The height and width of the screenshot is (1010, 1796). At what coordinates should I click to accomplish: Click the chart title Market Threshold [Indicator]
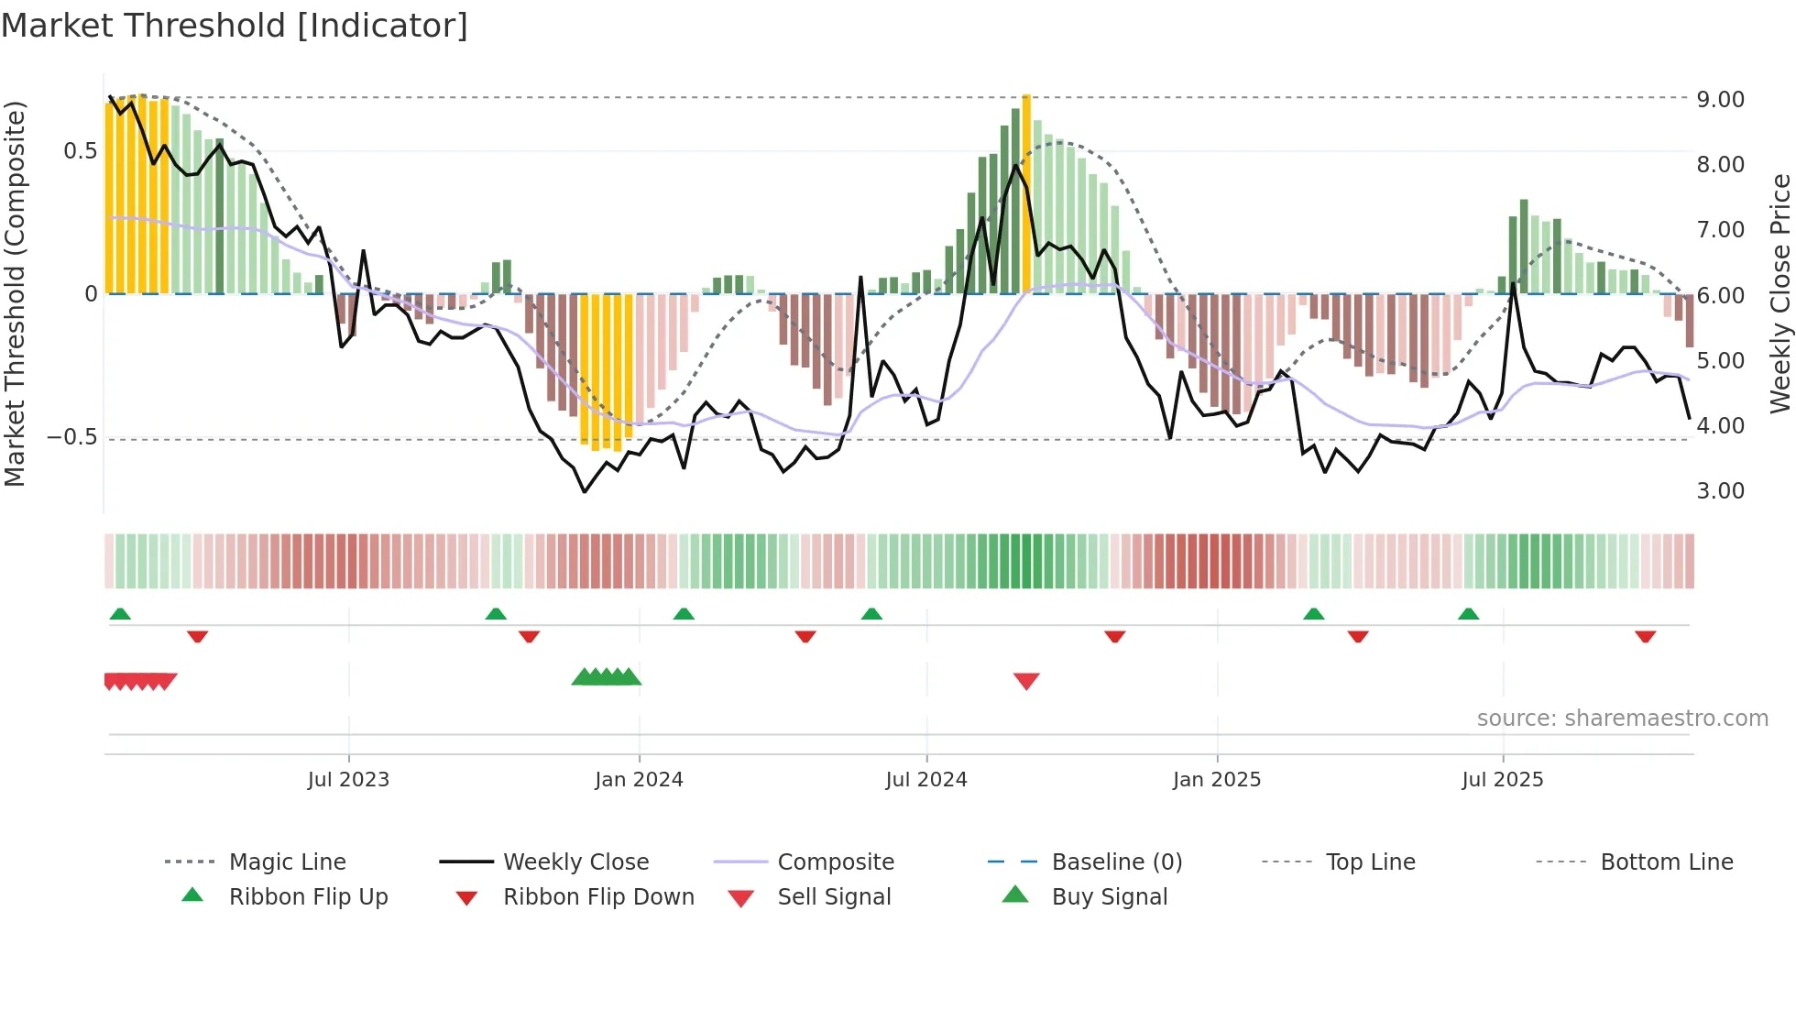click(x=235, y=26)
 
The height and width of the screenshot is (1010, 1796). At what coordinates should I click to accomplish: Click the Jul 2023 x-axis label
click(x=348, y=779)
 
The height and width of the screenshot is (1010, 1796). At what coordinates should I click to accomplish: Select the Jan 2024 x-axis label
click(x=639, y=779)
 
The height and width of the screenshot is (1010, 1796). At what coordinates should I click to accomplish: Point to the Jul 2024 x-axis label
click(x=925, y=779)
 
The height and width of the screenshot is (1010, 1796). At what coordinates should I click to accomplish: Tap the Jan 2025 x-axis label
click(x=1216, y=779)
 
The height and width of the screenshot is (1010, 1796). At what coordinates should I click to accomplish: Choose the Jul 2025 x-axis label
click(x=1502, y=779)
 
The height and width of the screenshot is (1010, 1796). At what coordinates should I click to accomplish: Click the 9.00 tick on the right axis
click(x=1720, y=99)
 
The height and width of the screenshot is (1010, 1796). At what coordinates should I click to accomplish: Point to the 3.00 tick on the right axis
click(x=1720, y=491)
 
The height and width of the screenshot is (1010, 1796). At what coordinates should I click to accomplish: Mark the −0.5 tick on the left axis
click(x=72, y=437)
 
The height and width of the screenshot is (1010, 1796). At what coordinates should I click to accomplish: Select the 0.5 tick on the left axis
click(x=80, y=151)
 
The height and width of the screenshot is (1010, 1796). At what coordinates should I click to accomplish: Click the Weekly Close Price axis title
click(x=1780, y=293)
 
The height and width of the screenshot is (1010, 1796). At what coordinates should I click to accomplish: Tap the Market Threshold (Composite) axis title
click(x=15, y=293)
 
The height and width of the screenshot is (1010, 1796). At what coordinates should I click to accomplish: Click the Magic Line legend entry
click(x=287, y=862)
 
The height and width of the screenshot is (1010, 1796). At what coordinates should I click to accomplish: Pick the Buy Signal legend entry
click(x=1109, y=897)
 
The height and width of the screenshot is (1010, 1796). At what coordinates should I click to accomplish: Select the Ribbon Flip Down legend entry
click(x=597, y=897)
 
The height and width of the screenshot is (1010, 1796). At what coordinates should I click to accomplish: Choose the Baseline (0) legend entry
click(x=1116, y=862)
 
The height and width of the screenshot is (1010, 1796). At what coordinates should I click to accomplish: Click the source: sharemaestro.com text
click(x=1622, y=719)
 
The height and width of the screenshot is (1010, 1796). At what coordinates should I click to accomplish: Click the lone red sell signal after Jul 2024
click(x=1026, y=681)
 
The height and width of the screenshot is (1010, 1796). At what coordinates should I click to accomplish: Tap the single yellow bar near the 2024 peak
click(x=1026, y=192)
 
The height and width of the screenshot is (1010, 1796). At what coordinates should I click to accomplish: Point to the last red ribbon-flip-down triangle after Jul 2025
click(x=1645, y=636)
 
